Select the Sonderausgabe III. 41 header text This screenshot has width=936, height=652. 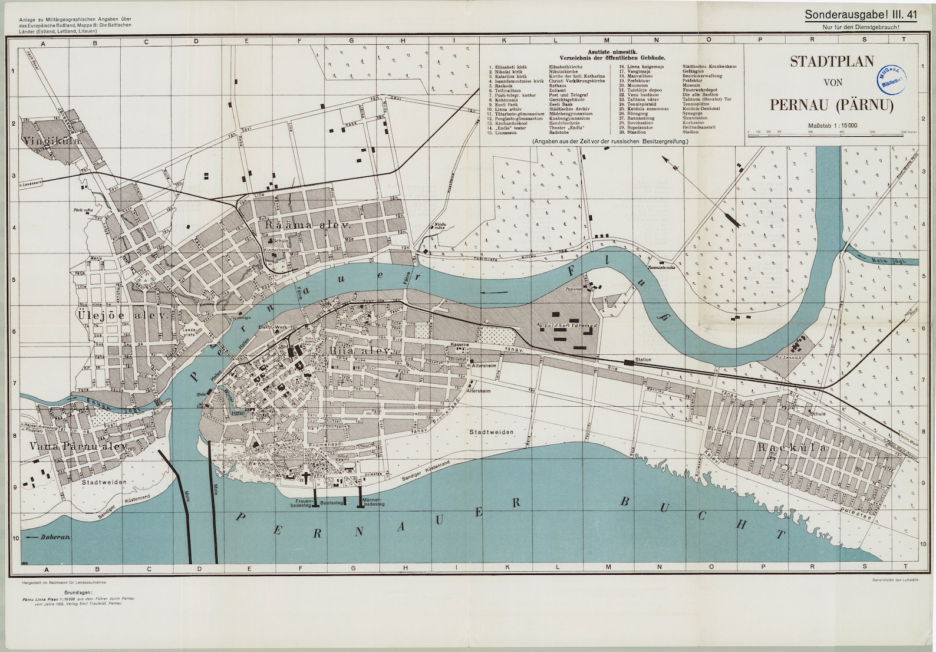click(x=861, y=16)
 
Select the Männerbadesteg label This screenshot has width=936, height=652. click(x=375, y=502)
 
